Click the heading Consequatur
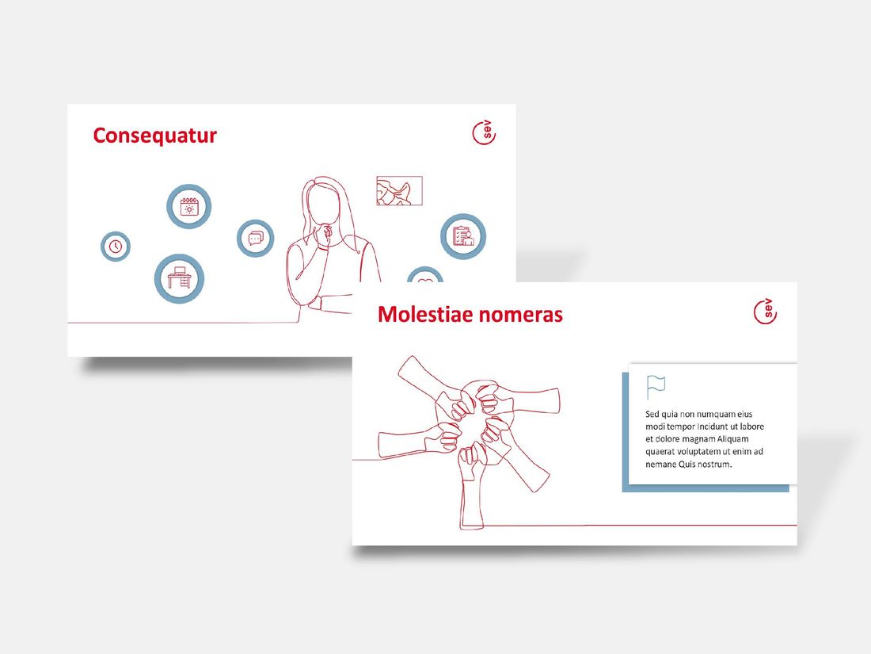click(x=154, y=136)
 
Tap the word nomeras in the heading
click(x=520, y=316)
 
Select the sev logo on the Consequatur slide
click(x=484, y=132)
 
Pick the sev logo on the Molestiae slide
click(x=766, y=312)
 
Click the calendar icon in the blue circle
click(x=189, y=206)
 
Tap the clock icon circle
click(x=116, y=247)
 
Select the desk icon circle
click(x=179, y=278)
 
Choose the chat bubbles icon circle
click(x=256, y=238)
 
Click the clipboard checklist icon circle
click(x=463, y=236)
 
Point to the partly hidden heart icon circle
click(x=425, y=274)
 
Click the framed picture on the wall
click(x=399, y=191)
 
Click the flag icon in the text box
click(x=656, y=387)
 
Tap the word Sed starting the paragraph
click(x=652, y=414)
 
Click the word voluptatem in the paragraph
click(x=699, y=452)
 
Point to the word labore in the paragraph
click(x=751, y=426)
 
